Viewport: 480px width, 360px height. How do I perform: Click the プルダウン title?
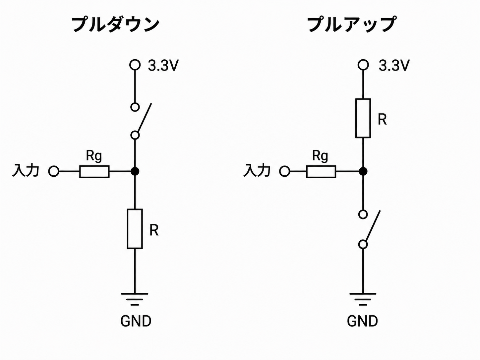[x=115, y=25]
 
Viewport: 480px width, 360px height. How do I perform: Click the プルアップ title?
[x=351, y=25]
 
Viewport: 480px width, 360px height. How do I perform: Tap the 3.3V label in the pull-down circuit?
[x=163, y=65]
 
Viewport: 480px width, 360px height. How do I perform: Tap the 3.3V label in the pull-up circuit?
[x=394, y=65]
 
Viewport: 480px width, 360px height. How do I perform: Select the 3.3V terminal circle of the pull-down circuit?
[x=135, y=65]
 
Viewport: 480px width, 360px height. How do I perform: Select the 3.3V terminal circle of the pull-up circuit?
[x=363, y=65]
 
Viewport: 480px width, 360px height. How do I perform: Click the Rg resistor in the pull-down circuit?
[x=94, y=172]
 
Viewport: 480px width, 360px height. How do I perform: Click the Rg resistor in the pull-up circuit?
[x=321, y=172]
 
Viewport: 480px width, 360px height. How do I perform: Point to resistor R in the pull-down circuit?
[x=135, y=229]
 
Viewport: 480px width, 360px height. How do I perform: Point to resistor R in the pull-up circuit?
[x=363, y=118]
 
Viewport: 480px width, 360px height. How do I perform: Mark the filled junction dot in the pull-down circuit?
[x=135, y=171]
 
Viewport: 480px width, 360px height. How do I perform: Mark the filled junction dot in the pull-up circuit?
[x=363, y=171]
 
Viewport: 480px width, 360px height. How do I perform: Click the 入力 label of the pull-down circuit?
[x=26, y=170]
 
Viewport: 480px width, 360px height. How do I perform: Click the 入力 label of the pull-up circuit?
[x=257, y=170]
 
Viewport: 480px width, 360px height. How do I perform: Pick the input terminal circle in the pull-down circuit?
[x=54, y=171]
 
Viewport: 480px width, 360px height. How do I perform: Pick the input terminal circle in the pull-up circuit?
[x=284, y=171]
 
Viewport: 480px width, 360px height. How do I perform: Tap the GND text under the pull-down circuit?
[x=136, y=321]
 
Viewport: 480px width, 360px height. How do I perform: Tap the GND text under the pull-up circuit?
[x=362, y=321]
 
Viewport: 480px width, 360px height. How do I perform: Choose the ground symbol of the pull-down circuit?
[x=135, y=299]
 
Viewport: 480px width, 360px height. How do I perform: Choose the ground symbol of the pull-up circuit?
[x=363, y=299]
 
